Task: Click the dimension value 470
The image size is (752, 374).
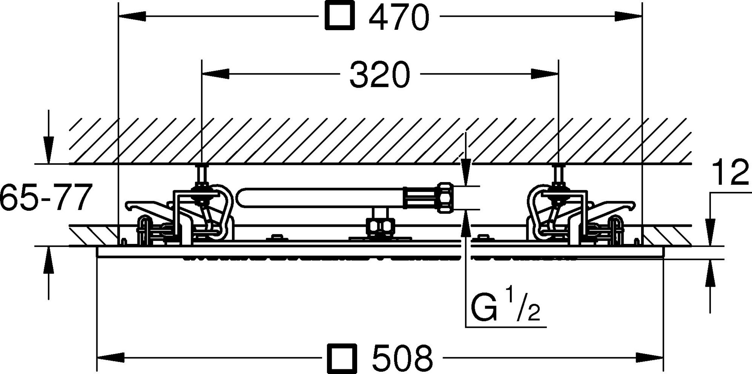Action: (x=399, y=17)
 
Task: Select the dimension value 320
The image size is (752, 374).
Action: (x=380, y=74)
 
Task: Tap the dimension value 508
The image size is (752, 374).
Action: (x=403, y=358)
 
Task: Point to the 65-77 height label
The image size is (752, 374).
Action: (x=46, y=197)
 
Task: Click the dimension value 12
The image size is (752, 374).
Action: (x=730, y=173)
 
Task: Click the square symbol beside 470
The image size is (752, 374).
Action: (x=340, y=15)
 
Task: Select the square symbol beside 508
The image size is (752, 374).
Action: (x=342, y=358)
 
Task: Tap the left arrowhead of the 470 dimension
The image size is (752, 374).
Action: (x=132, y=16)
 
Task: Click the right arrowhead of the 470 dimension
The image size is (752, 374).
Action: (x=628, y=16)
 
